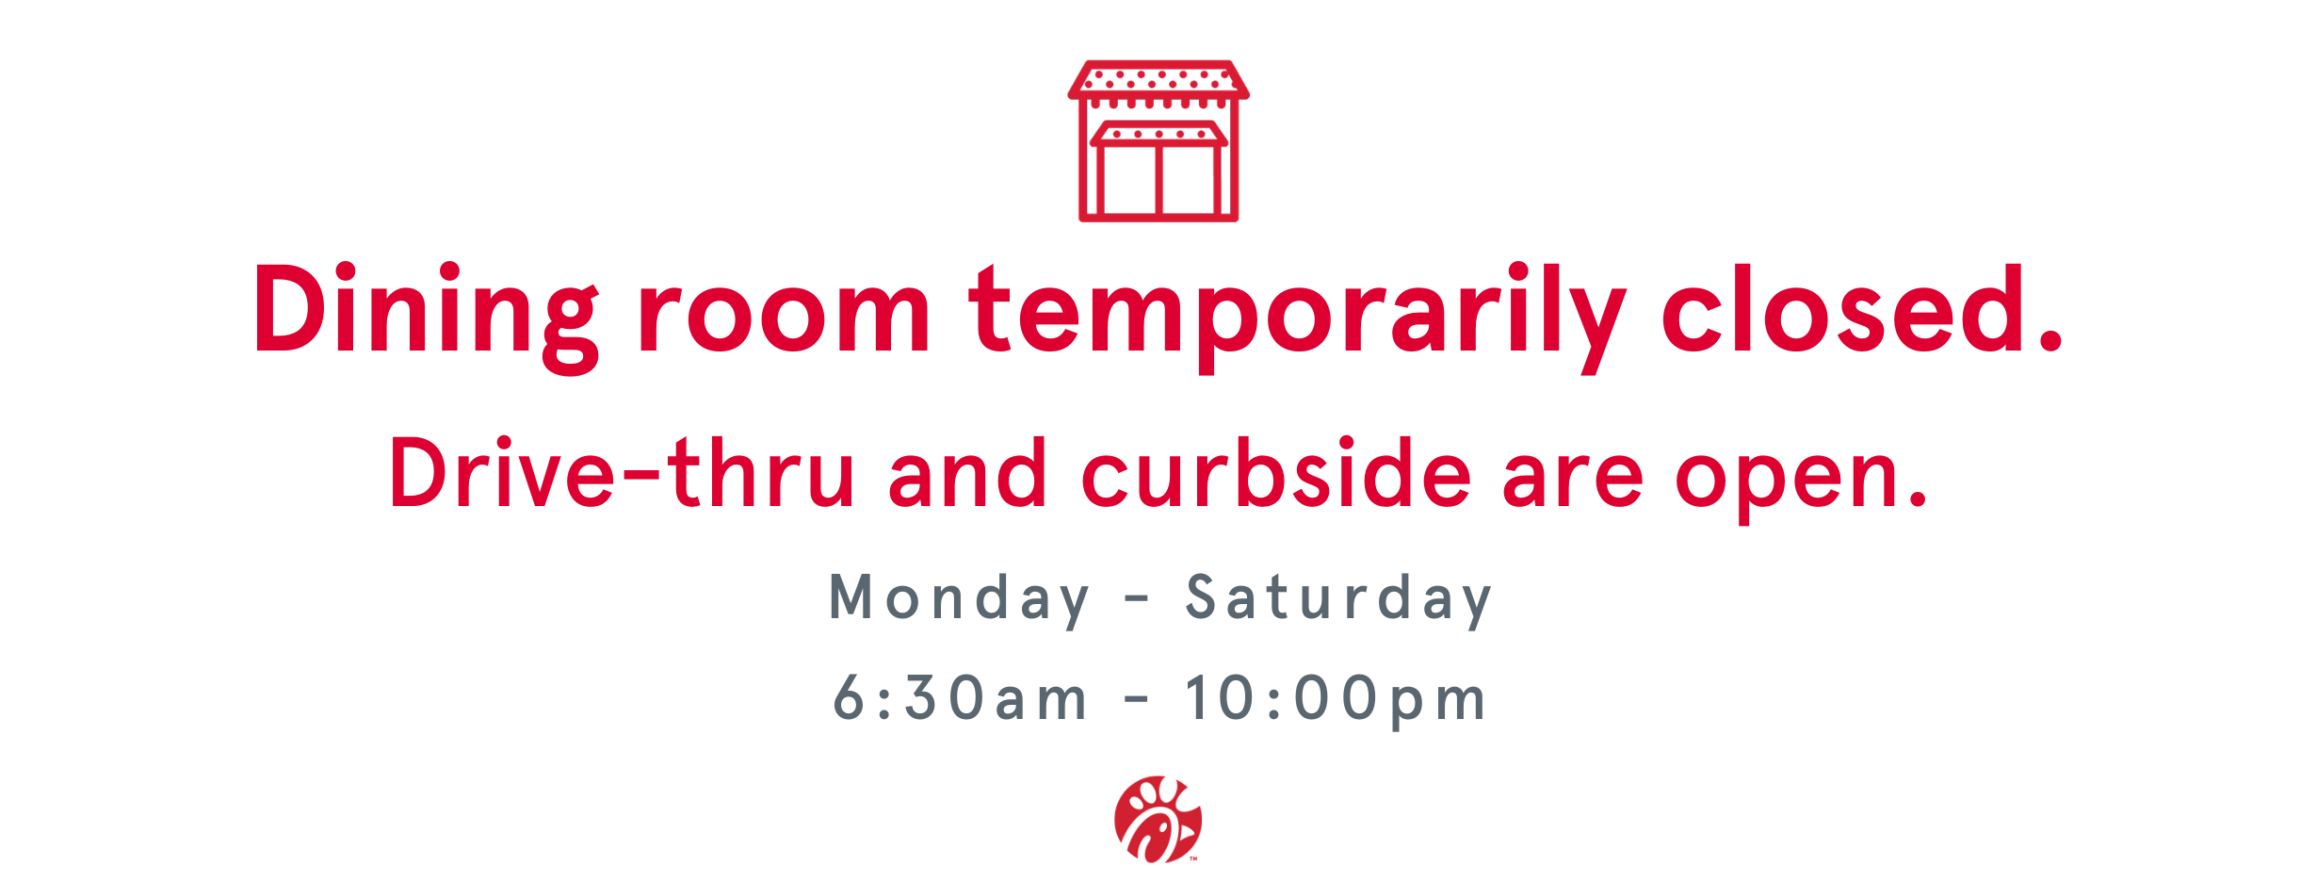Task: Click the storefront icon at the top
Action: [x=1158, y=141]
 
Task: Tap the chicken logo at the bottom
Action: [x=1158, y=819]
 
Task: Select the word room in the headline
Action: [x=785, y=320]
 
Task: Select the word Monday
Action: [x=960, y=600]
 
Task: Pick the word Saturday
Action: [x=1339, y=600]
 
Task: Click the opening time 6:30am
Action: [x=960, y=698]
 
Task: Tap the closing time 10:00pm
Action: [x=1336, y=700]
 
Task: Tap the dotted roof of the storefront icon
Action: [x=1158, y=79]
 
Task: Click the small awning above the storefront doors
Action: [x=1158, y=134]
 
